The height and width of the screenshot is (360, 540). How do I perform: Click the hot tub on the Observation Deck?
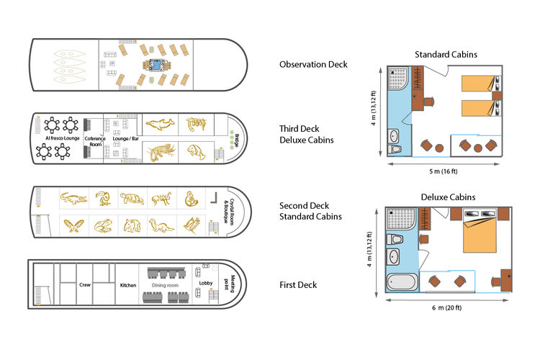point(157,65)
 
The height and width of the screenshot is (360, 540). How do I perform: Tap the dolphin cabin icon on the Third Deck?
point(160,124)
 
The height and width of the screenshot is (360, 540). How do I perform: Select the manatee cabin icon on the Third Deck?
point(197,152)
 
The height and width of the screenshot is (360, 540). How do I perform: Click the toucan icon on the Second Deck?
point(103,198)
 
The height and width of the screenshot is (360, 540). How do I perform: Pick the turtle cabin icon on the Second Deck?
point(132,199)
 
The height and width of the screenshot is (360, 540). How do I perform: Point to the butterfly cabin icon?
point(73,226)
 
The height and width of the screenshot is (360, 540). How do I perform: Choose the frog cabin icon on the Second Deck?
point(103,226)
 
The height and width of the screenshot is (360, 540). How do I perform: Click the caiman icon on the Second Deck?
point(73,199)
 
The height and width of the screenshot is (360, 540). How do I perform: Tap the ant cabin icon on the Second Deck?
point(161,199)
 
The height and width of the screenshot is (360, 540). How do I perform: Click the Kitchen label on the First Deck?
point(128,285)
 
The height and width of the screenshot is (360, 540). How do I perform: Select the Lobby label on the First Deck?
point(206,283)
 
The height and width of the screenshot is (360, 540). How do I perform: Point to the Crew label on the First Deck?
point(85,285)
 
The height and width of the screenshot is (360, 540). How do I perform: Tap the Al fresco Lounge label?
point(63,138)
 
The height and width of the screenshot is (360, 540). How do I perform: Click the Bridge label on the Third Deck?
point(237,140)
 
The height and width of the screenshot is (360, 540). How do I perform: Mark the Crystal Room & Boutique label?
point(230,211)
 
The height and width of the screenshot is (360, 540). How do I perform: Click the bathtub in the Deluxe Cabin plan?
point(402,282)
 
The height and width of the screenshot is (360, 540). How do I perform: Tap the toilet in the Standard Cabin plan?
point(395,149)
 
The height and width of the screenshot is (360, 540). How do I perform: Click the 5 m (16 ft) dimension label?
point(444,171)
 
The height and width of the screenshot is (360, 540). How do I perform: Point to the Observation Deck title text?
point(313,64)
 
